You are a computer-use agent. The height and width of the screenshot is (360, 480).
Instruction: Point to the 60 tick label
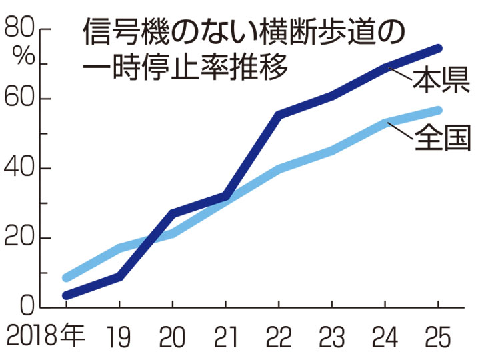tap(20, 99)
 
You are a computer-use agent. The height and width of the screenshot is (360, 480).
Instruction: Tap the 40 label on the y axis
tap(20, 168)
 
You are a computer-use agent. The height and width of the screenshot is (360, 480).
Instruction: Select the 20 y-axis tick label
tap(20, 238)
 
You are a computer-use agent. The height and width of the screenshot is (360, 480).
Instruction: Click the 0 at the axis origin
tap(27, 307)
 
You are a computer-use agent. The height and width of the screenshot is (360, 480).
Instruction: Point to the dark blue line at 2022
tap(279, 115)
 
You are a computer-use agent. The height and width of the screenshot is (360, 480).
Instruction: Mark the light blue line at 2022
tap(279, 169)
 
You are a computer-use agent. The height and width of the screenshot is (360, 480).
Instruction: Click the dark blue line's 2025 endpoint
tap(438, 48)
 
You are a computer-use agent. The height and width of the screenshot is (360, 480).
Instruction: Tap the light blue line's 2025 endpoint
tap(438, 110)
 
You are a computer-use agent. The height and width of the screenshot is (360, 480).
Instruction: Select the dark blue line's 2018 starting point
tap(66, 295)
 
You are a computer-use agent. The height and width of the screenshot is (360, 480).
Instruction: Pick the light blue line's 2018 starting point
tap(66, 277)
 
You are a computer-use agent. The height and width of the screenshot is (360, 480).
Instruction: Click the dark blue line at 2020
tap(173, 213)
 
